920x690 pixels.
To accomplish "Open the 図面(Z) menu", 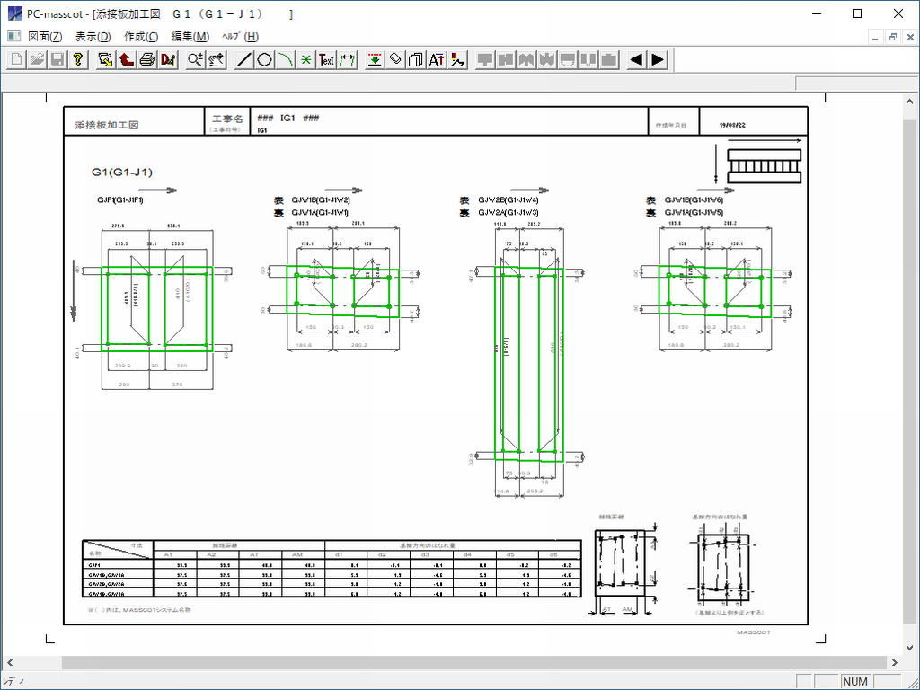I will tap(45, 37).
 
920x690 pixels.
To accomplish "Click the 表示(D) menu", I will tap(93, 37).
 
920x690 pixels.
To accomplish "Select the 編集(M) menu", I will tap(190, 37).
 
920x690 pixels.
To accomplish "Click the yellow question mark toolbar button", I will tap(79, 60).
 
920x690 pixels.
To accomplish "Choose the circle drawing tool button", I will tap(264, 60).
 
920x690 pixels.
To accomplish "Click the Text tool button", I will tap(327, 60).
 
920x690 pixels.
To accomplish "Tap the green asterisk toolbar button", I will tap(305, 60).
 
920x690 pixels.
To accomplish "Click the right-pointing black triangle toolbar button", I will tap(659, 60).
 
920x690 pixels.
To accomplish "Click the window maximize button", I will tap(857, 13).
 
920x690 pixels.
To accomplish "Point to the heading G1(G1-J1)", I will tap(122, 172).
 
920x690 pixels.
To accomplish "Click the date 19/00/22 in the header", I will tap(732, 125).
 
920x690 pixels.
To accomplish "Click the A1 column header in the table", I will tap(167, 554).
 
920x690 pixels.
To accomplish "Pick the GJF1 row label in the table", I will tap(94, 564).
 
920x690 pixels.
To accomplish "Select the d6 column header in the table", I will tap(553, 554).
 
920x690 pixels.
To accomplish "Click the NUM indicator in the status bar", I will tap(855, 682).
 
